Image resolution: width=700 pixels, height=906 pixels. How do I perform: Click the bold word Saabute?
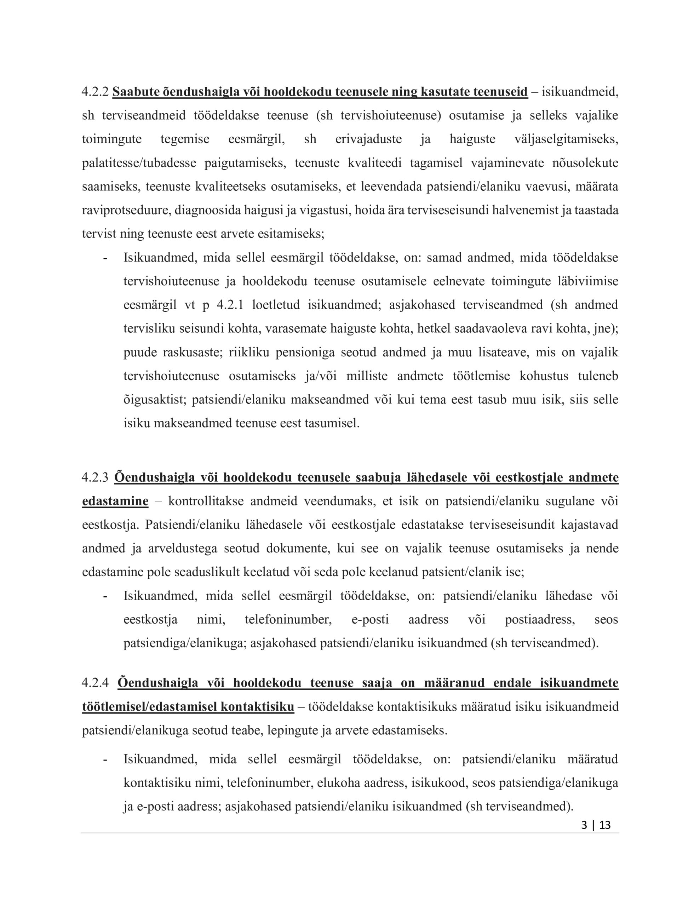(136, 92)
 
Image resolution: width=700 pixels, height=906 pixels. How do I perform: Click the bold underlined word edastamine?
(115, 501)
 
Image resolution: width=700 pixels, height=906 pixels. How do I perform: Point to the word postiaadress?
(539, 619)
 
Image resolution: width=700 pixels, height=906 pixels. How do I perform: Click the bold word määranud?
(454, 682)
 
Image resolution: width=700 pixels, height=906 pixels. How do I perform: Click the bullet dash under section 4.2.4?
(105, 759)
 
